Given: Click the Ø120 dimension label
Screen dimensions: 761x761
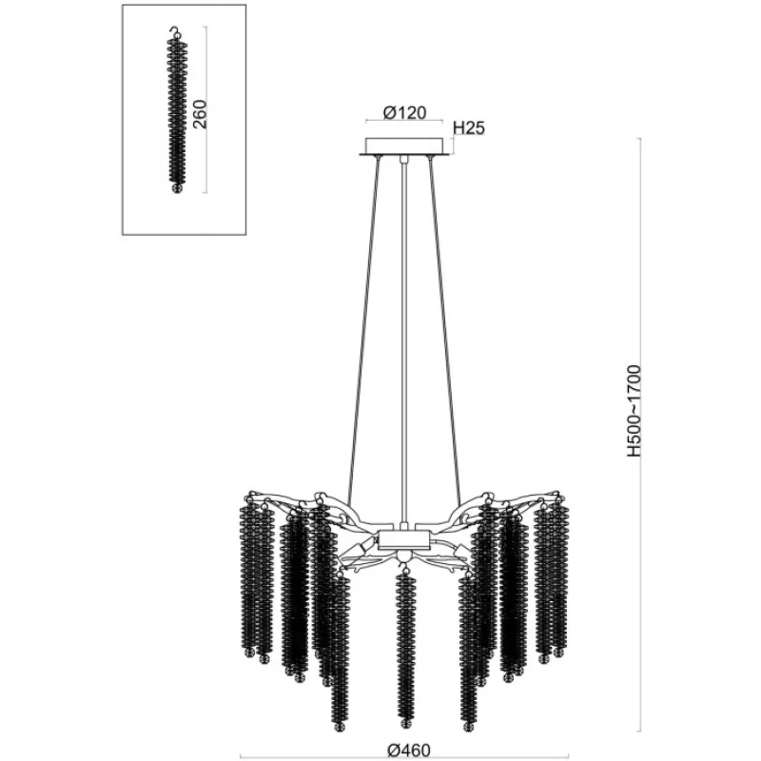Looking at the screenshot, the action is [404, 112].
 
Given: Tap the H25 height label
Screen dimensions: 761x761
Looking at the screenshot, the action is [469, 128].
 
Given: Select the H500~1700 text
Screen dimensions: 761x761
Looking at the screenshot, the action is [634, 411].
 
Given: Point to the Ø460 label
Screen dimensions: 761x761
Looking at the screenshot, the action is [409, 751].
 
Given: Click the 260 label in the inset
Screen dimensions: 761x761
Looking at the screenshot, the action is [200, 114].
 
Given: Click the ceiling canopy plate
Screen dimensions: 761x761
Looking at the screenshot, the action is [404, 146].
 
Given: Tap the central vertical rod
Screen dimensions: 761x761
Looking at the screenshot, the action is [402, 341].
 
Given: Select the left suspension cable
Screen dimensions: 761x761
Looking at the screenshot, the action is [364, 331].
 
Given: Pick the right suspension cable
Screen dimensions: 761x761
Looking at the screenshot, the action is [444, 331].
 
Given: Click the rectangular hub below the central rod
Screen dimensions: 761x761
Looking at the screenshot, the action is [403, 539].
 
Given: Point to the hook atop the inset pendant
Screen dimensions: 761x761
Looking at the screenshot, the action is [175, 32].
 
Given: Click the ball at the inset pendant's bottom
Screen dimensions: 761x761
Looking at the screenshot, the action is [177, 187].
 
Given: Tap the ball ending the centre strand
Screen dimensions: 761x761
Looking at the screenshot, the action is [406, 723].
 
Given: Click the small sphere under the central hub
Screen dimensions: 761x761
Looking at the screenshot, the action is [402, 556].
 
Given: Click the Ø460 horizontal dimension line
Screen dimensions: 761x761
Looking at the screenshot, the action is [404, 756].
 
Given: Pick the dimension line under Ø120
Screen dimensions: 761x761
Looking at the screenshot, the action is [404, 121].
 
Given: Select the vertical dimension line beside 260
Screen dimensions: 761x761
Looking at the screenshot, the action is [206, 109].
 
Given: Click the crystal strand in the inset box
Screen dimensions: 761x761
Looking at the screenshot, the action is [177, 109].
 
